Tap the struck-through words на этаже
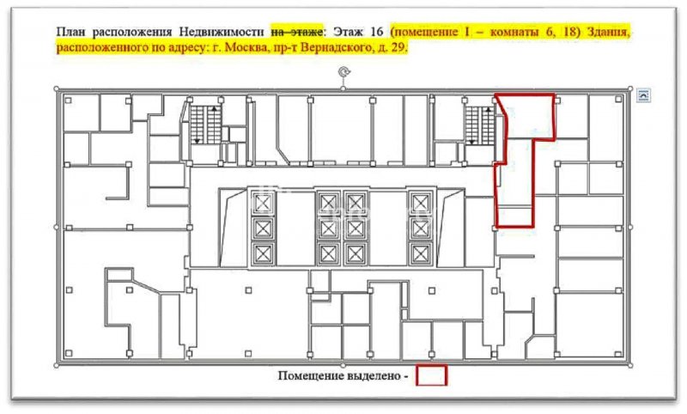[x=297, y=32]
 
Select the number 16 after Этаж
[x=376, y=32]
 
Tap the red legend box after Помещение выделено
[x=432, y=375]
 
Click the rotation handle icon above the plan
[x=343, y=72]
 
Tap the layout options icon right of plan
[x=643, y=94]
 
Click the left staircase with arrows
[x=205, y=125]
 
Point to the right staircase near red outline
[x=480, y=125]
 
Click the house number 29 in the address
[x=398, y=47]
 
